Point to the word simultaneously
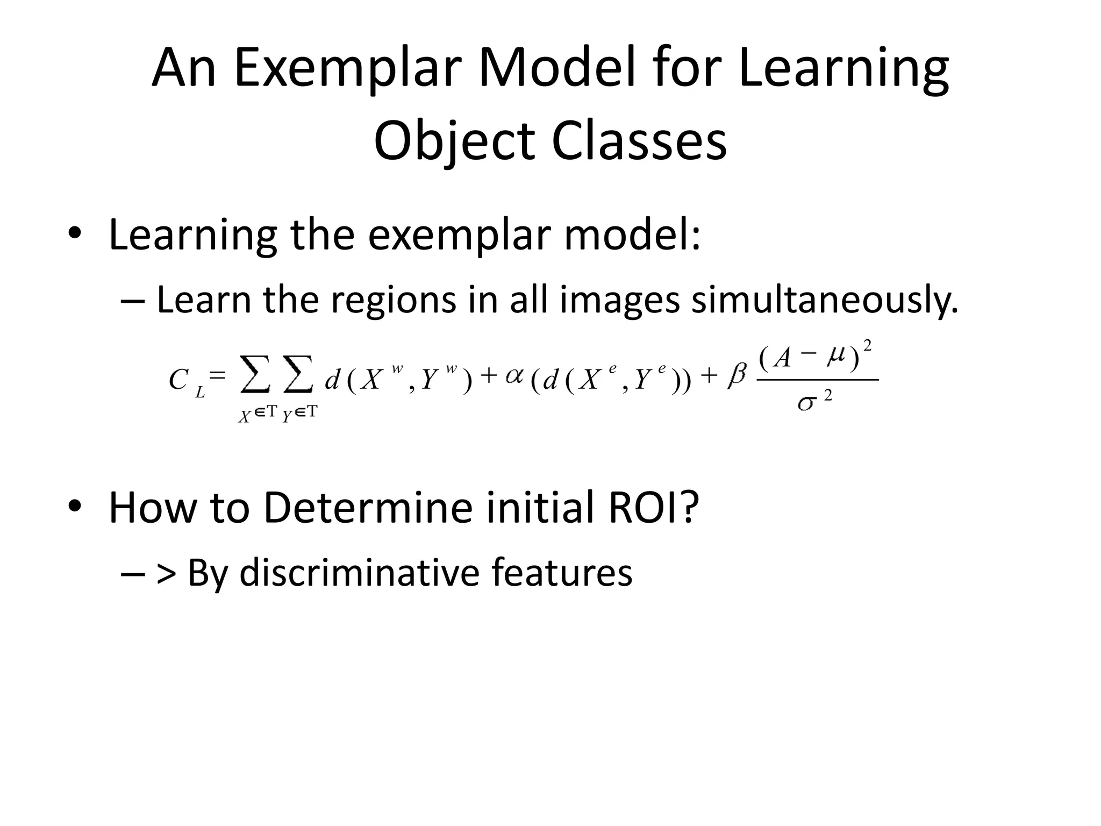pyautogui.click(x=825, y=300)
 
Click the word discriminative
pyautogui.click(x=359, y=572)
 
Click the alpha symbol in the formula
pyautogui.click(x=514, y=376)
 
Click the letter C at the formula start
pyautogui.click(x=178, y=380)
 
